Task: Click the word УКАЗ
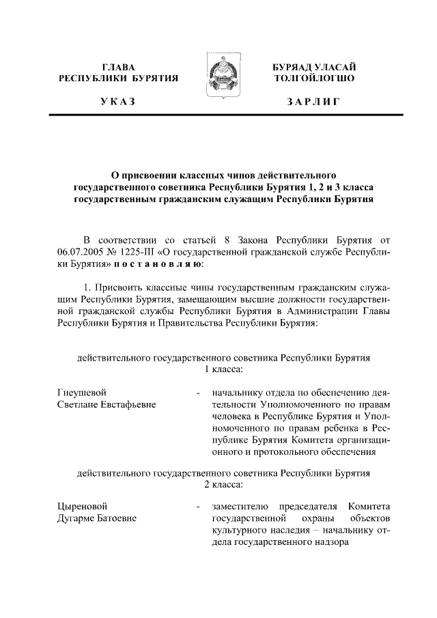coord(118,102)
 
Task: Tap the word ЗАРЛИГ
coord(313,102)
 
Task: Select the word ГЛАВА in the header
coord(118,67)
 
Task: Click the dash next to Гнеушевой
coord(197,393)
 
